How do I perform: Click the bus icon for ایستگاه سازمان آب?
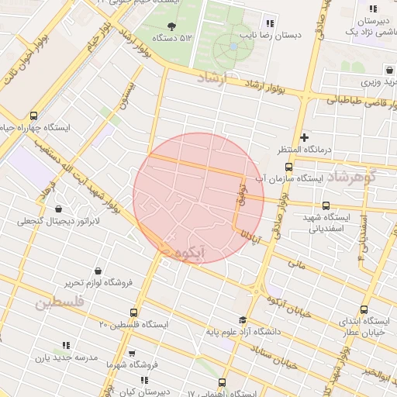(289, 166)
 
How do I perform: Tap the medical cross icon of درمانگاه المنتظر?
(304, 136)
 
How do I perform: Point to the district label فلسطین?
(58, 302)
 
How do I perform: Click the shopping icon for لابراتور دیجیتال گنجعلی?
(59, 209)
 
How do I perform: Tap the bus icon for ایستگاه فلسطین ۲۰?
(133, 312)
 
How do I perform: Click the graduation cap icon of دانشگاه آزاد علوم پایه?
(243, 319)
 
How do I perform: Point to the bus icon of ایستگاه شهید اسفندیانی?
(325, 205)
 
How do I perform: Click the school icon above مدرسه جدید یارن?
(65, 345)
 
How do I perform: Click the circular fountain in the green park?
(233, 47)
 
